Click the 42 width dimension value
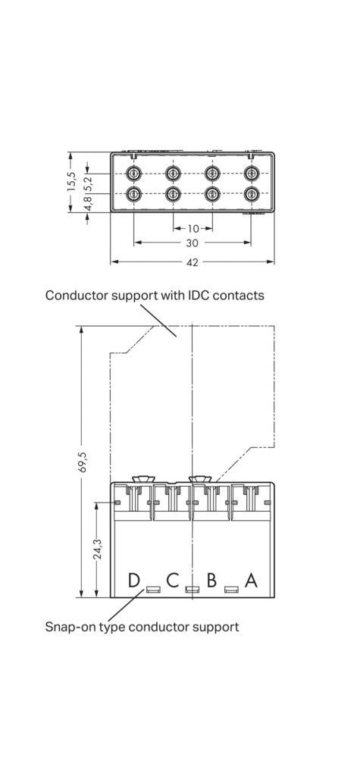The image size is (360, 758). (193, 262)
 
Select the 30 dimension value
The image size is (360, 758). (193, 243)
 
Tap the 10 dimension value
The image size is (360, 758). (193, 228)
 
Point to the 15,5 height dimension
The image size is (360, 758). (70, 182)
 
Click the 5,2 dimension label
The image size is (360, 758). (88, 183)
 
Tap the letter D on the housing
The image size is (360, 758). (133, 581)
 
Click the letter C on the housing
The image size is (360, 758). (172, 581)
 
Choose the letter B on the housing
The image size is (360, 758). (211, 581)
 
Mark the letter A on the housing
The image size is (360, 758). (251, 581)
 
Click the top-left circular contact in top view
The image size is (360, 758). (134, 173)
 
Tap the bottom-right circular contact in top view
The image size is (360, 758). (250, 194)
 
